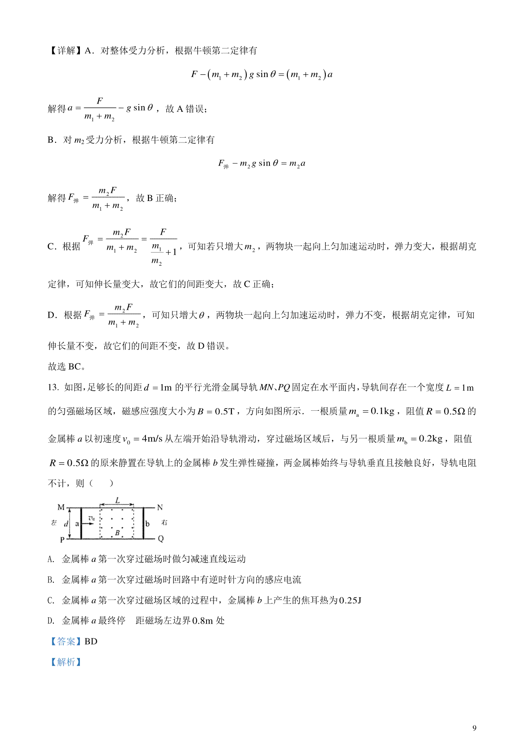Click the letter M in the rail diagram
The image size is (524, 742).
point(61,507)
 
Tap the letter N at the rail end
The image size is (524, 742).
point(160,507)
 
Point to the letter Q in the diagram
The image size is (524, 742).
point(161,539)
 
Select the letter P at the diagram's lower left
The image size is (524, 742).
point(62,540)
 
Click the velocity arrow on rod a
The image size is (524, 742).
point(89,523)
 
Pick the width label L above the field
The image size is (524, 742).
point(117,500)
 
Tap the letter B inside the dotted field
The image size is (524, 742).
point(117,533)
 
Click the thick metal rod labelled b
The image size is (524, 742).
point(143,523)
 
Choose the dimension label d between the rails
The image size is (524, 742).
point(66,524)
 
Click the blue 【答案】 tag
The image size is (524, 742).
point(65,641)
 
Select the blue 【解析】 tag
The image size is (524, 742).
point(65,662)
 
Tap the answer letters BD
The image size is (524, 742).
point(91,641)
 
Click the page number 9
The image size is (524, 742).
point(474,728)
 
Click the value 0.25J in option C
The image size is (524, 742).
point(350,600)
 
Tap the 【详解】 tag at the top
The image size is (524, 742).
point(65,51)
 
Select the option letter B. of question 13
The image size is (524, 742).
point(51,580)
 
